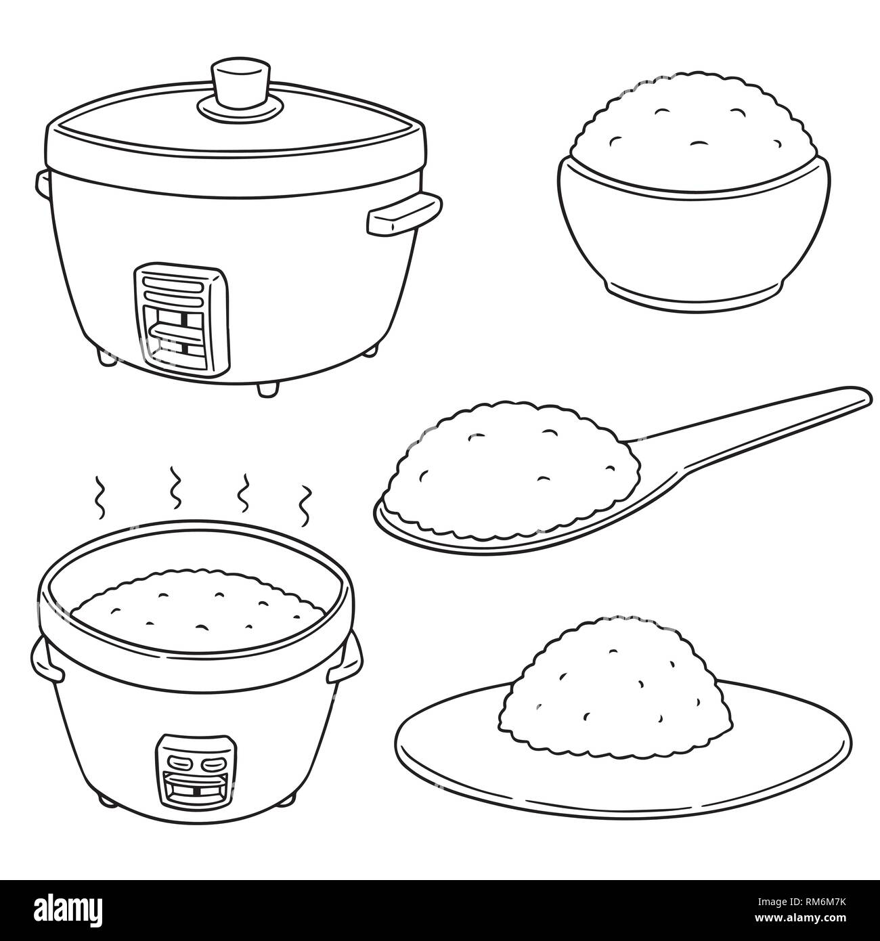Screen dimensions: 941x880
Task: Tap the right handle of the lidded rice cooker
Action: tap(403, 216)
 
